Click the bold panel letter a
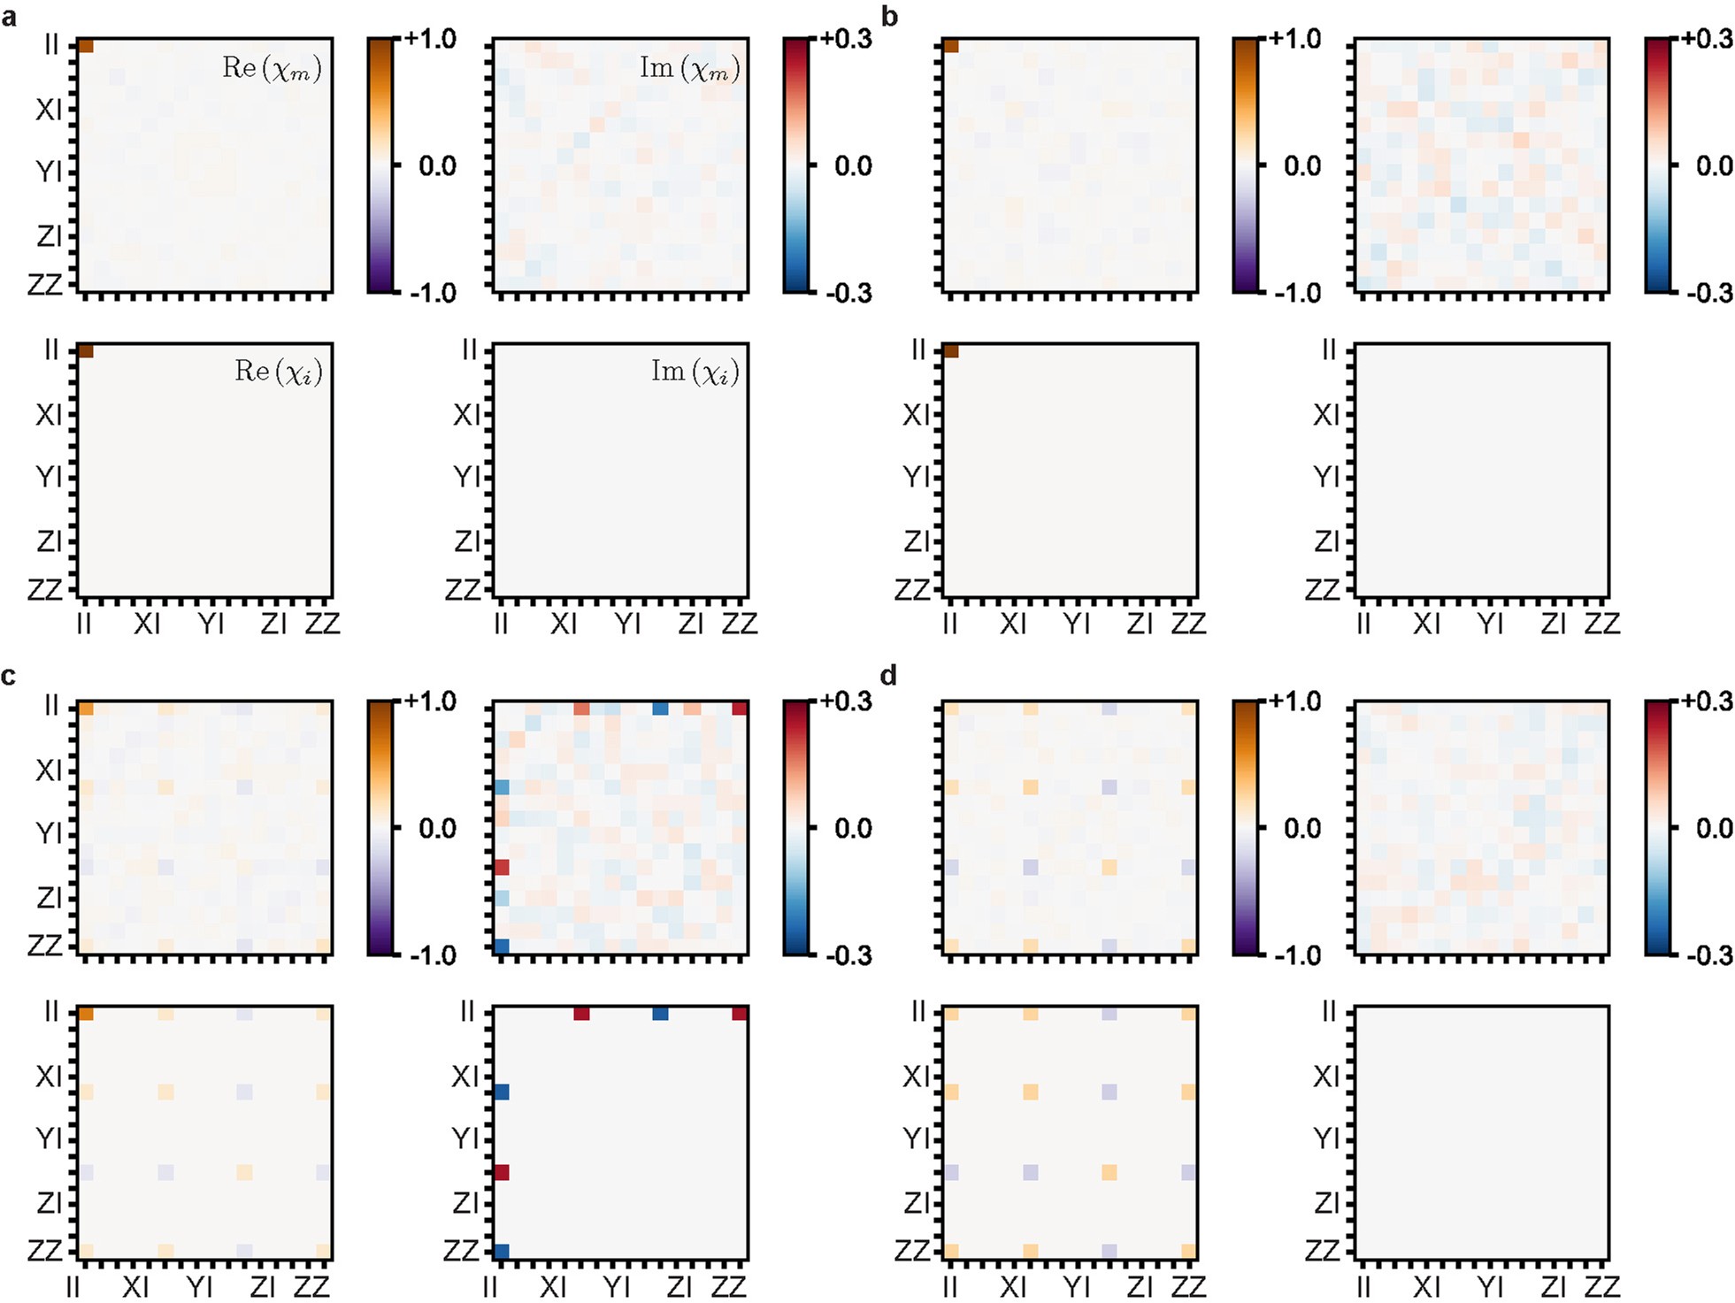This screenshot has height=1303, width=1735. click(x=10, y=17)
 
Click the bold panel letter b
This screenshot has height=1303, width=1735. click(x=890, y=17)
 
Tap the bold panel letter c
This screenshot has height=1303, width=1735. click(x=9, y=677)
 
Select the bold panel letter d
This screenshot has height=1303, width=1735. click(x=889, y=677)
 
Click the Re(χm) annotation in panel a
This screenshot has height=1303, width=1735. click(x=272, y=68)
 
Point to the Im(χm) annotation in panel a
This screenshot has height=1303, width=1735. click(x=689, y=68)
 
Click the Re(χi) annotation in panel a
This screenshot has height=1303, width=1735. click(x=278, y=372)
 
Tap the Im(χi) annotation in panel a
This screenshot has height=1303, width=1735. click(x=695, y=372)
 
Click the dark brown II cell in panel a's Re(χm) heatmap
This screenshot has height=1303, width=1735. click(x=86, y=46)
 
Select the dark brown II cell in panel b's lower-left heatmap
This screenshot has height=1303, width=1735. click(x=951, y=351)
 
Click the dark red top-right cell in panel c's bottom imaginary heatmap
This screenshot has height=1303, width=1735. click(x=740, y=1014)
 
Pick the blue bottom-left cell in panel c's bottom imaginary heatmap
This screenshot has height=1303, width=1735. click(x=502, y=1252)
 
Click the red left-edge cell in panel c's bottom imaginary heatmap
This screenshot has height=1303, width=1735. click(x=502, y=1172)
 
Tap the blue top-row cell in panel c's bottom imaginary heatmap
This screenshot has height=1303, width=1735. click(x=660, y=1014)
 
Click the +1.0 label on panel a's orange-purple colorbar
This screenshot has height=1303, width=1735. click(x=431, y=39)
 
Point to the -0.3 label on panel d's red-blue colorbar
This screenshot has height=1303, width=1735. click(x=1708, y=955)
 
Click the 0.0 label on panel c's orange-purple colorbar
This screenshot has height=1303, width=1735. click(x=436, y=829)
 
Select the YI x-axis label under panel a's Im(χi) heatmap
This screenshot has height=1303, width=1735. click(x=627, y=624)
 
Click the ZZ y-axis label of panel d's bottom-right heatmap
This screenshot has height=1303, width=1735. click(x=1322, y=1250)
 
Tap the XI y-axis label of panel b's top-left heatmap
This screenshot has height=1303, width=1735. click(x=916, y=110)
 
